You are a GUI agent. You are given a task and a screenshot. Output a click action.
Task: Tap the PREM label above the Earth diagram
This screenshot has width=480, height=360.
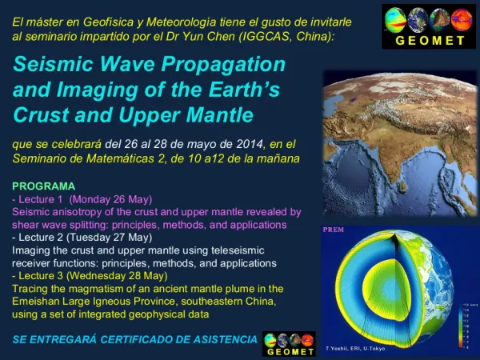333,230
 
